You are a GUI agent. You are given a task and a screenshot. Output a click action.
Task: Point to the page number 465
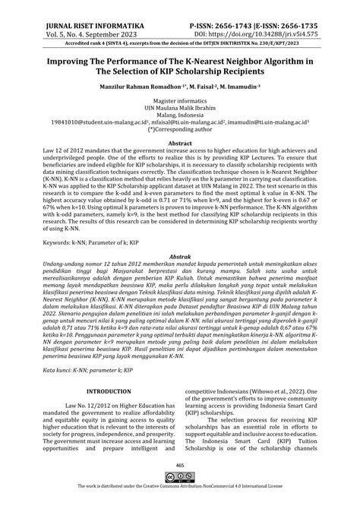tap(180, 487)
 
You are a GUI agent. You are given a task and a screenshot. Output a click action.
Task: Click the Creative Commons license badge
tap(180, 497)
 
